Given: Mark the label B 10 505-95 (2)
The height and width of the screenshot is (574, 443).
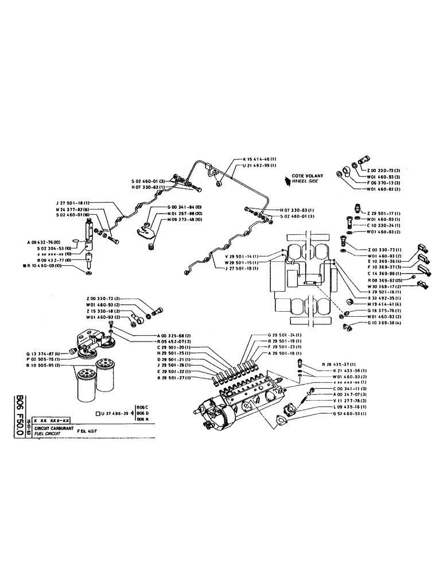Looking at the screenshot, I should tap(46, 366).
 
